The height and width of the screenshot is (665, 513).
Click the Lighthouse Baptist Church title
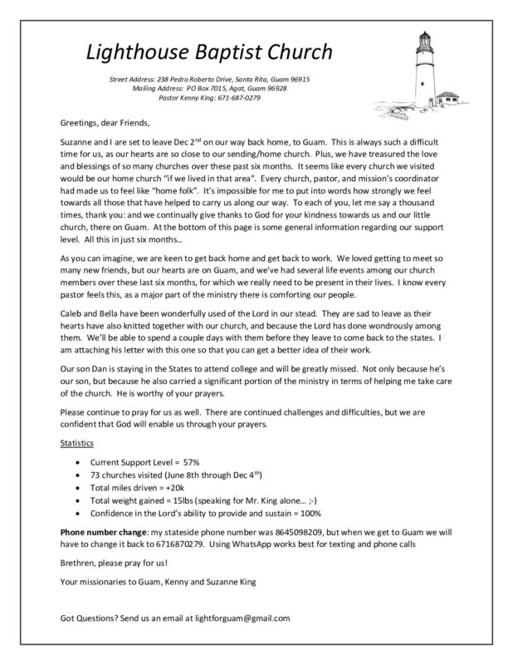tap(209, 52)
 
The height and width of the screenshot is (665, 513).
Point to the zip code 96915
tap(296, 78)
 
